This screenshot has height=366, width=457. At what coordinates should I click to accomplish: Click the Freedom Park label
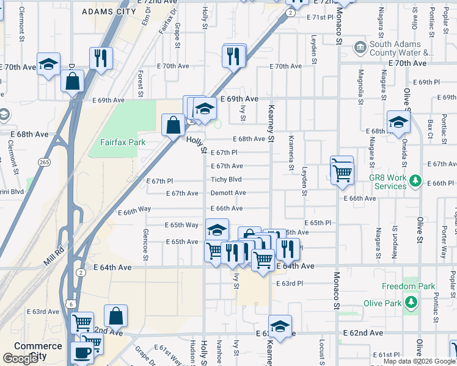point(408,286)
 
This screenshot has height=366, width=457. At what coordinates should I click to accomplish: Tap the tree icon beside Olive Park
point(411,303)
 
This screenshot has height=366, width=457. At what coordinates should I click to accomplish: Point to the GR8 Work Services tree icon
point(415,181)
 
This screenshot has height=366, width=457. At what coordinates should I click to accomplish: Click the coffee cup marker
point(81,351)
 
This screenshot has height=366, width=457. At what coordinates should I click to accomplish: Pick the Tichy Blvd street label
point(226,179)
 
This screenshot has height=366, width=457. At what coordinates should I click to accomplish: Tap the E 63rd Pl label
point(290,284)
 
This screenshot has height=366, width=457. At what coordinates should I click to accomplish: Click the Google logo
point(20,359)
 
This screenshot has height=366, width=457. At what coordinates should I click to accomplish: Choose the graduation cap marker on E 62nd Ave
point(280,326)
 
